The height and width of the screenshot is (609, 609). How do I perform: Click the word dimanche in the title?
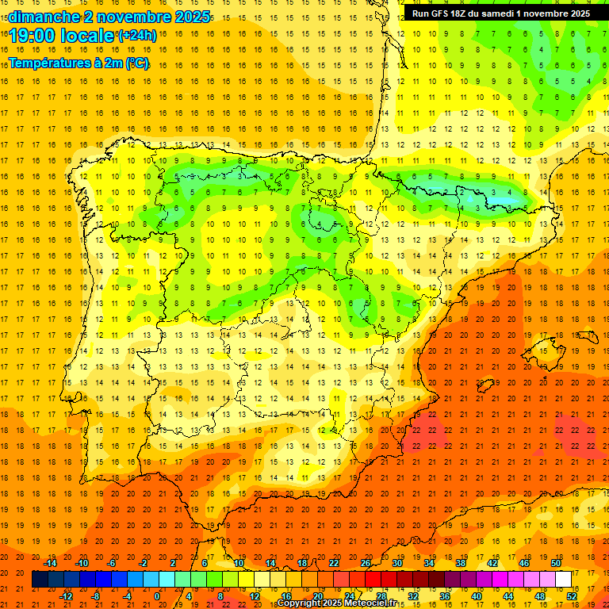pyautogui.click(x=39, y=17)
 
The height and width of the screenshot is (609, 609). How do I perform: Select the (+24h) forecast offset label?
pyautogui.click(x=137, y=35)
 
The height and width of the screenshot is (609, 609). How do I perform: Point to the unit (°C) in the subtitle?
pyautogui.click(x=136, y=63)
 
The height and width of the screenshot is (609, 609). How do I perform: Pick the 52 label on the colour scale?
pyautogui.click(x=573, y=596)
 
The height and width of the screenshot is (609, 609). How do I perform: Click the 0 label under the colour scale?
pyautogui.click(x=157, y=596)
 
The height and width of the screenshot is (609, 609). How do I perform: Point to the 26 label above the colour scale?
pyautogui.click(x=366, y=563)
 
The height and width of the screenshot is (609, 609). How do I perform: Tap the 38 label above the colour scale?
pyautogui.click(x=461, y=563)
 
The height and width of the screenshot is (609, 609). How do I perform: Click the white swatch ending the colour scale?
pyautogui.click(x=564, y=580)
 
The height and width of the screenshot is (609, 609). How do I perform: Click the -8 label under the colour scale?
pyautogui.click(x=95, y=596)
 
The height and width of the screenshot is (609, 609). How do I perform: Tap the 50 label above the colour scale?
pyautogui.click(x=556, y=563)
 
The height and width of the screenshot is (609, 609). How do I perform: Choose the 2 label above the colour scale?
pyautogui.click(x=173, y=563)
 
